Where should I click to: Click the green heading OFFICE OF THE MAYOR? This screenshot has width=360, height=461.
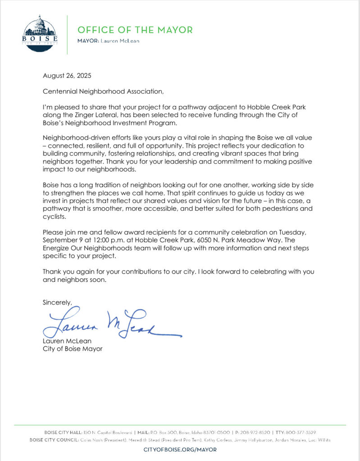pos(135,30)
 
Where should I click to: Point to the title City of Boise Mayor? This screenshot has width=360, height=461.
pos(73,349)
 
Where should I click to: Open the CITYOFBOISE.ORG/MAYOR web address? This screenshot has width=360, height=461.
pos(180,449)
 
